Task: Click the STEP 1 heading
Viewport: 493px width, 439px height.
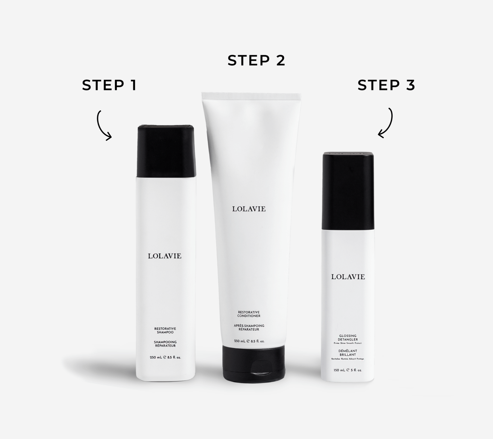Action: (109, 85)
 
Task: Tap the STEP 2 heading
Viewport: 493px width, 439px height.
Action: (256, 61)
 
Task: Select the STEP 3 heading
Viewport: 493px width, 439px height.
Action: (386, 85)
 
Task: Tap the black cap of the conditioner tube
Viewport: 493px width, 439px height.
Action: (254, 363)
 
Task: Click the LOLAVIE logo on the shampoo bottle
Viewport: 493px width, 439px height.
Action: (165, 256)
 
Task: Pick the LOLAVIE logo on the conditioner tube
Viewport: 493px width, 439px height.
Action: (249, 209)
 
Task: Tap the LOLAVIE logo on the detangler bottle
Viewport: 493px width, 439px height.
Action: (348, 277)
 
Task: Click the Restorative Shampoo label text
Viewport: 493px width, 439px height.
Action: (165, 331)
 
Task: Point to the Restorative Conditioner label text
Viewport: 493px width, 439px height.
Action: (249, 314)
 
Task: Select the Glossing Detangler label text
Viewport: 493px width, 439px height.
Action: (348, 338)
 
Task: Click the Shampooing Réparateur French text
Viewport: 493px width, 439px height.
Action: (165, 344)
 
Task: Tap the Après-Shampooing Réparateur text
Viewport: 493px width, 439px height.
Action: (249, 327)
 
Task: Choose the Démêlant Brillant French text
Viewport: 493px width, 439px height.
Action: (348, 353)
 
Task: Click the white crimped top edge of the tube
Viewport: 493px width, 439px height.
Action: (251, 95)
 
